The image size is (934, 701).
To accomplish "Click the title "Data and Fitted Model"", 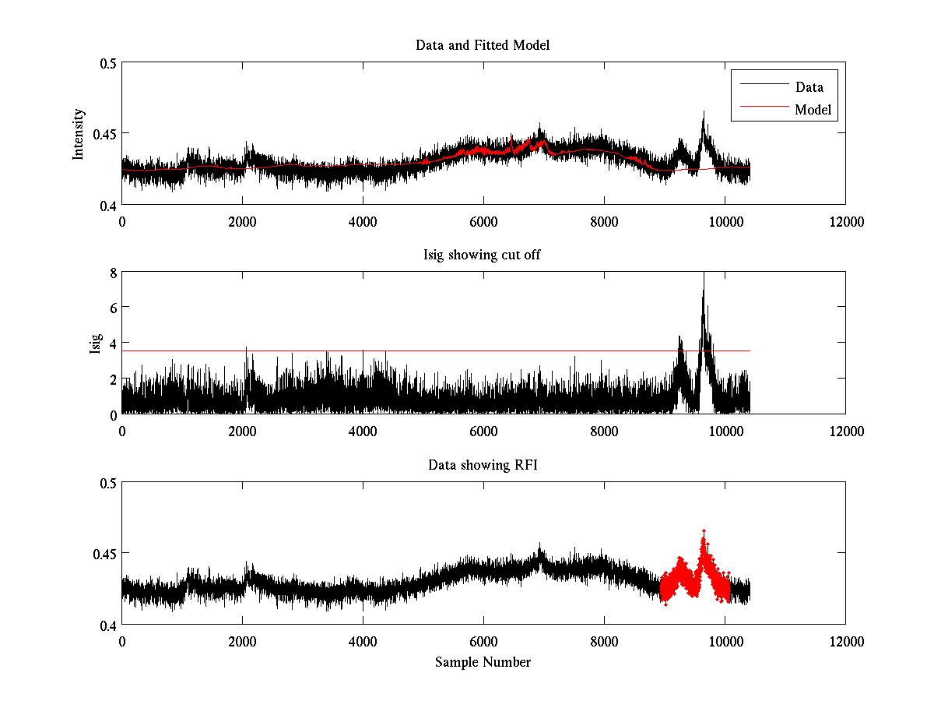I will point(483,45).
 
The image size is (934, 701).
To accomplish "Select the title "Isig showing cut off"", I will point(483,255).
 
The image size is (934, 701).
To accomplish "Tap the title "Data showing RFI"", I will point(483,465).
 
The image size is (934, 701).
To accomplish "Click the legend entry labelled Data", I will point(809,86).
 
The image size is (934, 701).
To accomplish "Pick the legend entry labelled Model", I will point(813,110).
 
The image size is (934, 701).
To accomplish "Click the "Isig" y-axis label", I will point(95,343).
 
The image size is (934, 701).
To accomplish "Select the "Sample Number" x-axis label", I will point(483,662).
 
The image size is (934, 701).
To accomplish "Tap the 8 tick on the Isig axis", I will point(112,273).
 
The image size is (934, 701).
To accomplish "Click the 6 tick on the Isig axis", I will point(112,308).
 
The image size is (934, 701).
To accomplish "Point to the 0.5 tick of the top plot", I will point(107,63).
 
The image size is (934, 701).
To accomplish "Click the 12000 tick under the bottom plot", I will point(845,640).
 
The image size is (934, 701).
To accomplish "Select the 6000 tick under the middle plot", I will point(483,431).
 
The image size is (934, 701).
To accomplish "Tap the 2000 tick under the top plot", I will point(242,221).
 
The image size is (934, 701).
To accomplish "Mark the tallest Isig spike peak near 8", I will point(704,273).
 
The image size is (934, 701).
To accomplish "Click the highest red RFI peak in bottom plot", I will point(704,530).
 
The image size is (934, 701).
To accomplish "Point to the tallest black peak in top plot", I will point(704,111).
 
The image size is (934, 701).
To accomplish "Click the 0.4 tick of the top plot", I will point(107,206).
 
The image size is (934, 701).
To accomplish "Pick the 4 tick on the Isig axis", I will point(112,343).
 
